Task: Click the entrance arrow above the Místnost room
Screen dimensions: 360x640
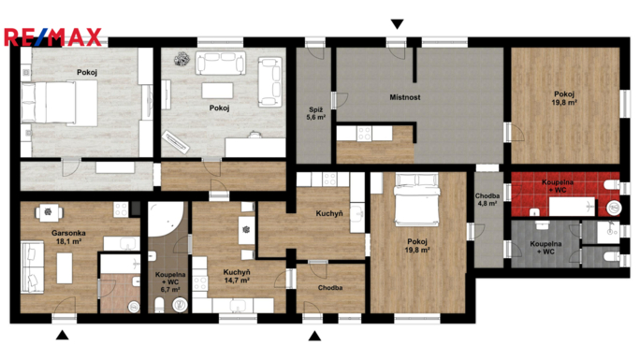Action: [398, 23]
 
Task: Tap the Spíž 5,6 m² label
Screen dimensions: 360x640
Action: [317, 113]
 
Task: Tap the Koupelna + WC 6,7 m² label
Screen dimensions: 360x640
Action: [170, 281]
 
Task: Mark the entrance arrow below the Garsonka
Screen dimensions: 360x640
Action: [62, 336]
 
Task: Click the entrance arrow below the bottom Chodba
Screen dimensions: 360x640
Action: [314, 336]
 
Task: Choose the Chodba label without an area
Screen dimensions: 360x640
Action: [329, 288]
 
